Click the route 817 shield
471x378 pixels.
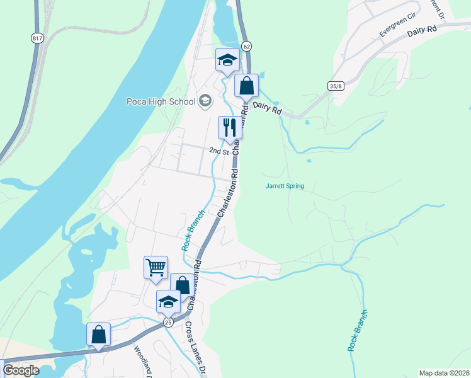37,38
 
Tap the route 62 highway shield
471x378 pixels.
246,46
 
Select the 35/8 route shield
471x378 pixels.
336,86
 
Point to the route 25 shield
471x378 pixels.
168,322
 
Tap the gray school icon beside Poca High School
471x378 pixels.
205,100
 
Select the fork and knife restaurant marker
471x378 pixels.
230,127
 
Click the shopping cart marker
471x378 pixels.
156,267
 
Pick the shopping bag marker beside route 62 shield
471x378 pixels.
247,86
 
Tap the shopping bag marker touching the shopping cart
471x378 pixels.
182,285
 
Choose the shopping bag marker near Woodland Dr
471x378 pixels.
99,334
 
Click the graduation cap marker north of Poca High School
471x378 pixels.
227,60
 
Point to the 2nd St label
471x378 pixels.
217,151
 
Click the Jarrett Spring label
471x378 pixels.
285,186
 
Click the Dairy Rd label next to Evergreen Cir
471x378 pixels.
422,31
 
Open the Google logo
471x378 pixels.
21,370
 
